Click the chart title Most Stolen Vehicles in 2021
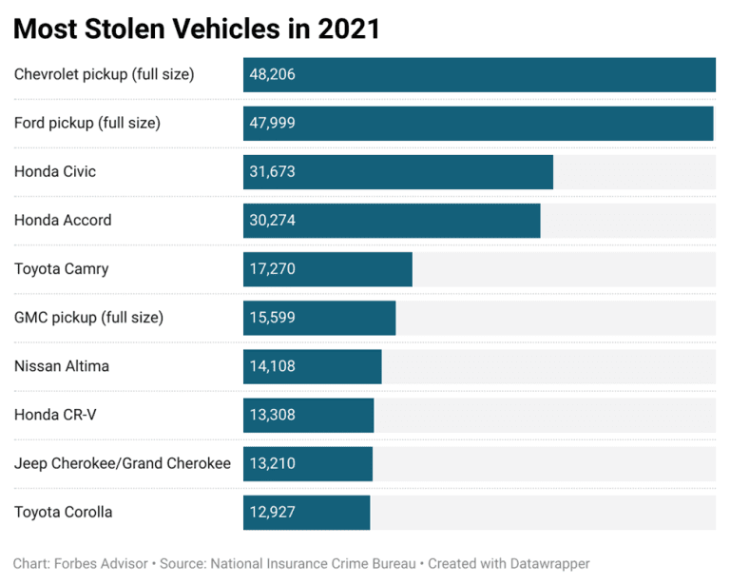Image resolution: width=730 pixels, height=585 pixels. pyautogui.click(x=197, y=29)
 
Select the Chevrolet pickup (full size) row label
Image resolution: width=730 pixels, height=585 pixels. pyautogui.click(x=104, y=74)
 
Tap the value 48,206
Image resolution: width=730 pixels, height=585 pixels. pyautogui.click(x=273, y=74)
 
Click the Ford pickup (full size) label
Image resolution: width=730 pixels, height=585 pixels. pyautogui.click(x=87, y=123)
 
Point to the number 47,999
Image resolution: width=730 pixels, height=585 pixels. pyautogui.click(x=273, y=123)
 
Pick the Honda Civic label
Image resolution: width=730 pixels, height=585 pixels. pyautogui.click(x=55, y=171)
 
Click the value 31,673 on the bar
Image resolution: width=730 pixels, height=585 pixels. pyautogui.click(x=273, y=171)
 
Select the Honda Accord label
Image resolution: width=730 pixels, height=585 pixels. pyautogui.click(x=63, y=220)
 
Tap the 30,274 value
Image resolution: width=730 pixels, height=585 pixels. pyautogui.click(x=273, y=220)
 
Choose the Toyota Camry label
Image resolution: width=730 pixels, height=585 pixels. pyautogui.click(x=62, y=268)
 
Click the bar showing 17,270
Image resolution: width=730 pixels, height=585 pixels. pyautogui.click(x=327, y=268)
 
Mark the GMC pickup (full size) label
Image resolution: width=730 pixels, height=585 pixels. pyautogui.click(x=88, y=318)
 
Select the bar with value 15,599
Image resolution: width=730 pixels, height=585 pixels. pyautogui.click(x=319, y=318)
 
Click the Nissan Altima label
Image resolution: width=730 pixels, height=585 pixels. pyautogui.click(x=62, y=366)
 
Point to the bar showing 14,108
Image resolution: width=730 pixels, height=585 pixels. pyautogui.click(x=312, y=366)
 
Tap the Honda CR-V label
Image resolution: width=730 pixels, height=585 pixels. pyautogui.click(x=55, y=415)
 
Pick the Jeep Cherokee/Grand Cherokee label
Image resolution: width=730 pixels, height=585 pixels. pyautogui.click(x=123, y=463)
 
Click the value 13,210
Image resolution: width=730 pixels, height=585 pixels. pyautogui.click(x=273, y=463)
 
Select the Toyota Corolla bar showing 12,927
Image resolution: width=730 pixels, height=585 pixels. pyautogui.click(x=306, y=512)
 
